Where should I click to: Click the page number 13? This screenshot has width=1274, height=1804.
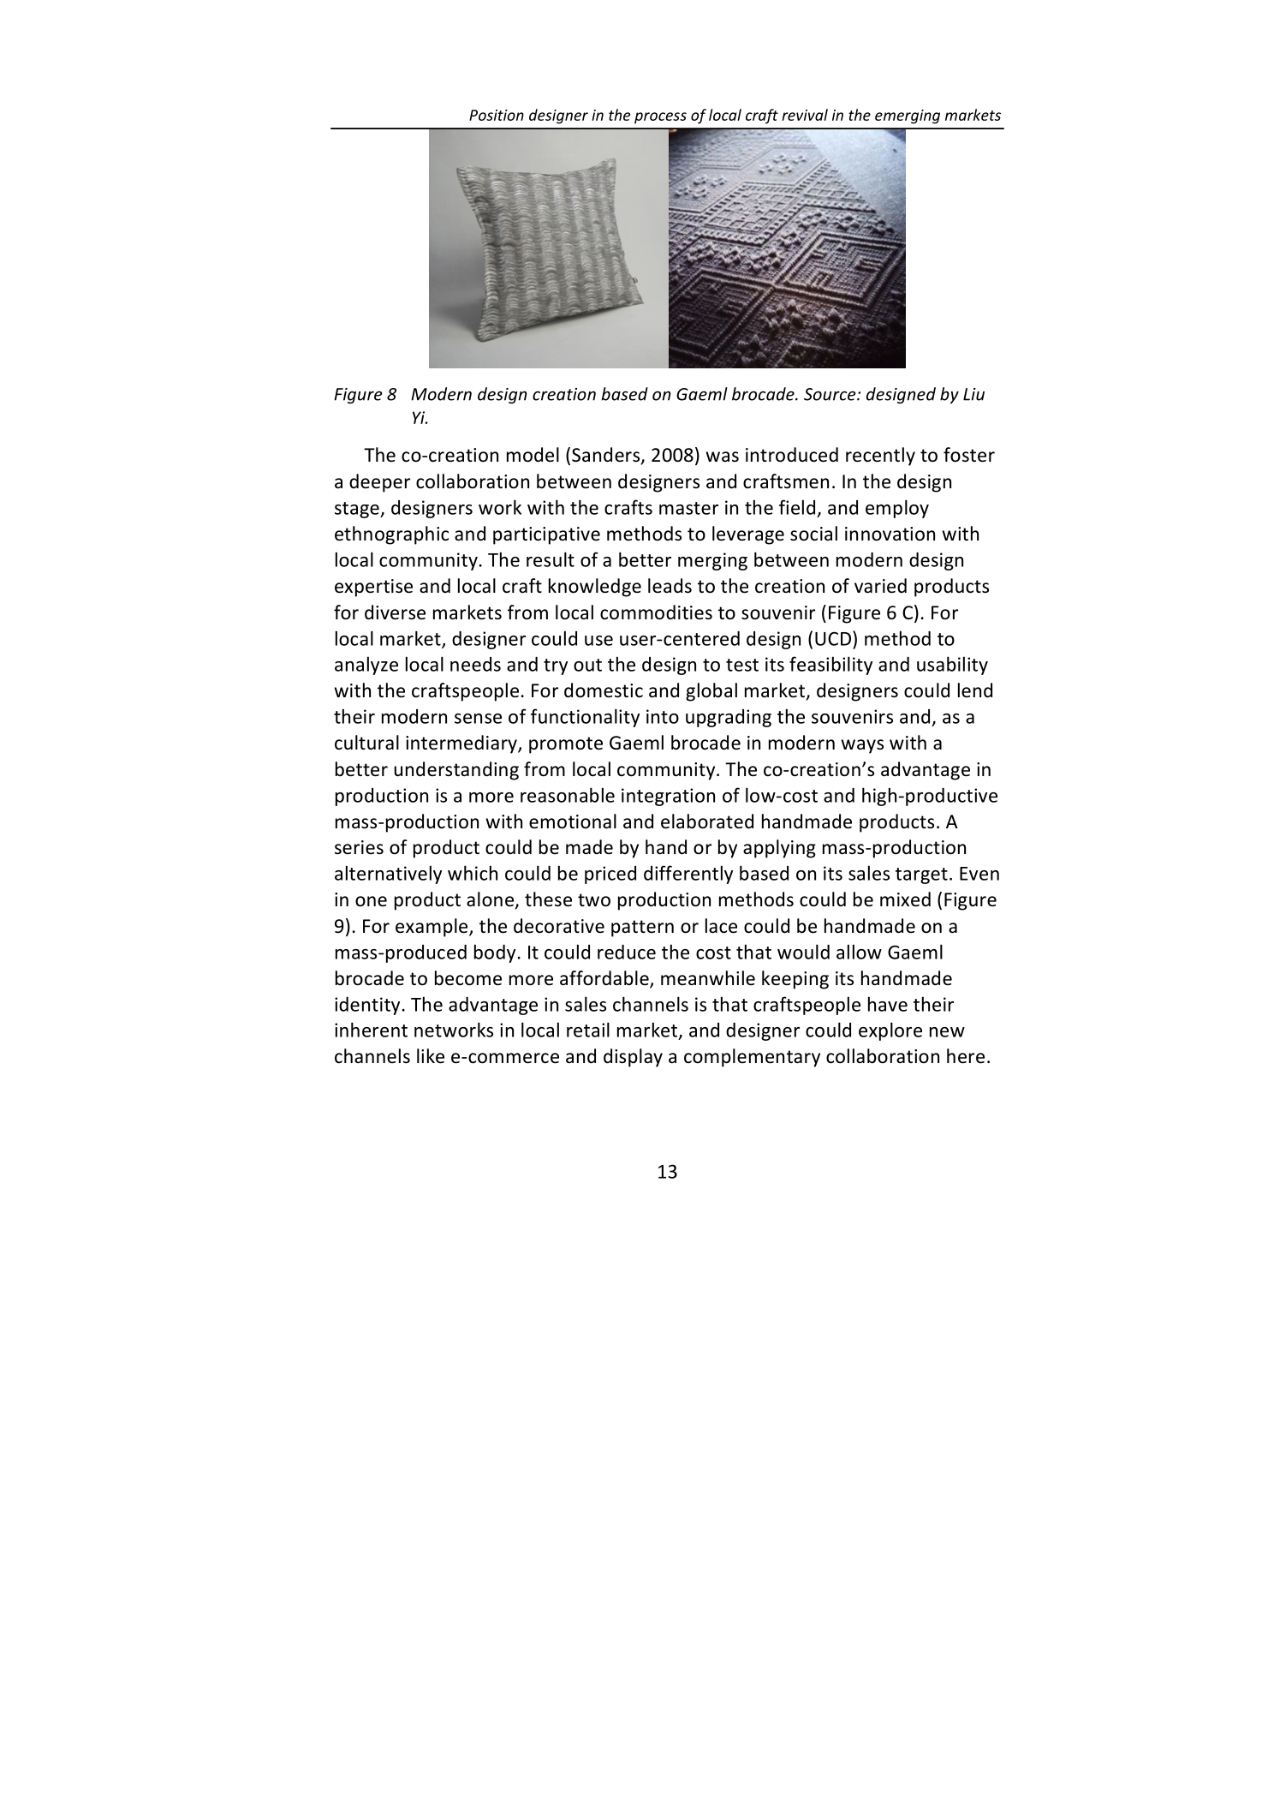click(667, 1172)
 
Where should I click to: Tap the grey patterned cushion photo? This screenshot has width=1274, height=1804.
click(549, 248)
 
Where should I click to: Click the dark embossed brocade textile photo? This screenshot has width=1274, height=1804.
click(786, 248)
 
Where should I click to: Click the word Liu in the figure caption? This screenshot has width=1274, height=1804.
click(972, 395)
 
